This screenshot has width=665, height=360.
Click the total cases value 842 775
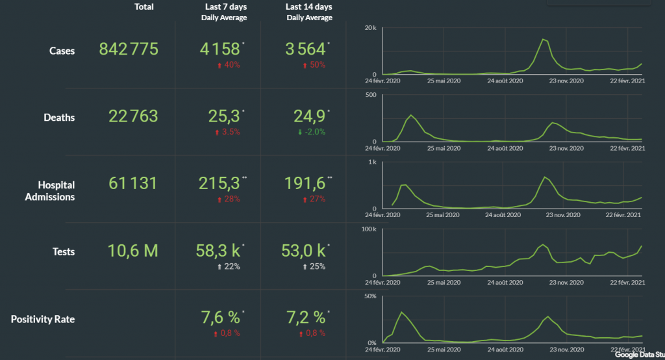coord(129,49)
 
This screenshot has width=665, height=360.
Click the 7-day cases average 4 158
coord(220,49)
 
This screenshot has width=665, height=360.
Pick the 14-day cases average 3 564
coord(305,49)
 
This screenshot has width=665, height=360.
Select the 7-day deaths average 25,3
coord(221,116)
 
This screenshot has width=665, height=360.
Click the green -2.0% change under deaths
coord(311,131)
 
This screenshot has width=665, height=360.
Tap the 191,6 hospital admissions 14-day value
coord(307,183)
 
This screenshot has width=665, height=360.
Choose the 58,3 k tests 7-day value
coord(220,251)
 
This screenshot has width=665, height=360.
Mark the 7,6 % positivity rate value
coord(220,318)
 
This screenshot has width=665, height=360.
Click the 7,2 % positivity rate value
coord(306,318)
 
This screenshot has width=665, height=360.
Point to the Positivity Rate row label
coord(43,319)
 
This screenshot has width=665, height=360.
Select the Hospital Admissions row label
coord(50,190)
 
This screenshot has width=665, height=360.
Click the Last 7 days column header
coord(224,7)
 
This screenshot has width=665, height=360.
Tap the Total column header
coord(144,7)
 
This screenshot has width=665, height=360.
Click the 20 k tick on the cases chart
coord(371,28)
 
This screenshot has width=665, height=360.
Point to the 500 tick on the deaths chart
coord(371,96)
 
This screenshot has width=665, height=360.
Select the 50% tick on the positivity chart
coord(371,296)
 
